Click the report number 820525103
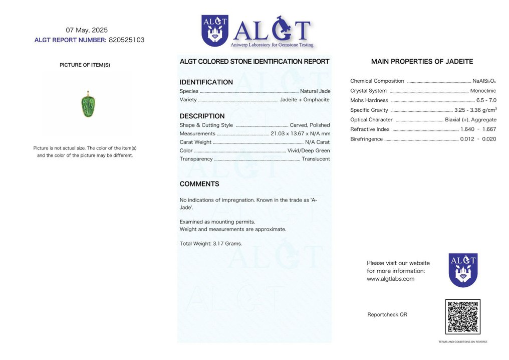pyautogui.click(x=126, y=40)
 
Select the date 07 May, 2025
pyautogui.click(x=87, y=30)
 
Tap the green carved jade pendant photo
pyautogui.click(x=87, y=106)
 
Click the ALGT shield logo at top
pyautogui.click(x=214, y=31)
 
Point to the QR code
pyautogui.click(x=462, y=317)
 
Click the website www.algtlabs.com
pyautogui.click(x=391, y=279)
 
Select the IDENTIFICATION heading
pyautogui.click(x=206, y=82)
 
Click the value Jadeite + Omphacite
pyautogui.click(x=305, y=100)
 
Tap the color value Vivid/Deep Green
pyautogui.click(x=309, y=151)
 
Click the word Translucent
pyautogui.click(x=316, y=159)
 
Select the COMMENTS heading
pyautogui.click(x=199, y=184)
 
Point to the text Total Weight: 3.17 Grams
pyautogui.click(x=210, y=244)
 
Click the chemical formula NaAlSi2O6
pyautogui.click(x=484, y=81)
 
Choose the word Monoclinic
pyautogui.click(x=483, y=91)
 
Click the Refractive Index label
pyautogui.click(x=370, y=129)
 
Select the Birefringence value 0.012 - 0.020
pyautogui.click(x=478, y=139)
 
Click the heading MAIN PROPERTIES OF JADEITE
pyautogui.click(x=422, y=62)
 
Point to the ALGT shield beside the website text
pyautogui.click(x=462, y=270)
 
